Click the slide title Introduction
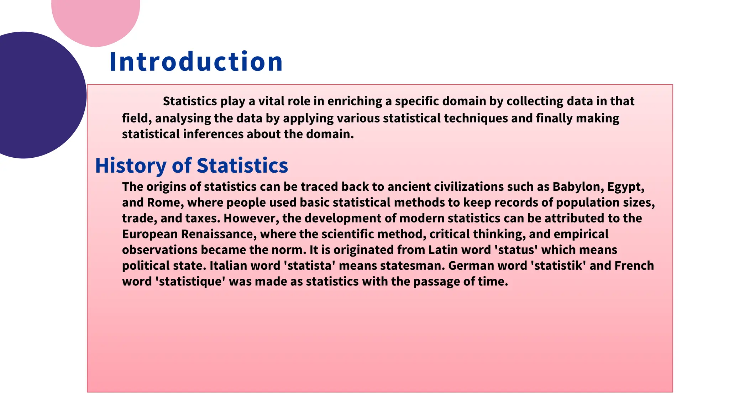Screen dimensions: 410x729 (x=196, y=62)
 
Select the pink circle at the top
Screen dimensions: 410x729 (x=95, y=18)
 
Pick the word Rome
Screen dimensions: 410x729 (x=165, y=203)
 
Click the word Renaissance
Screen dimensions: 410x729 (x=219, y=234)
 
